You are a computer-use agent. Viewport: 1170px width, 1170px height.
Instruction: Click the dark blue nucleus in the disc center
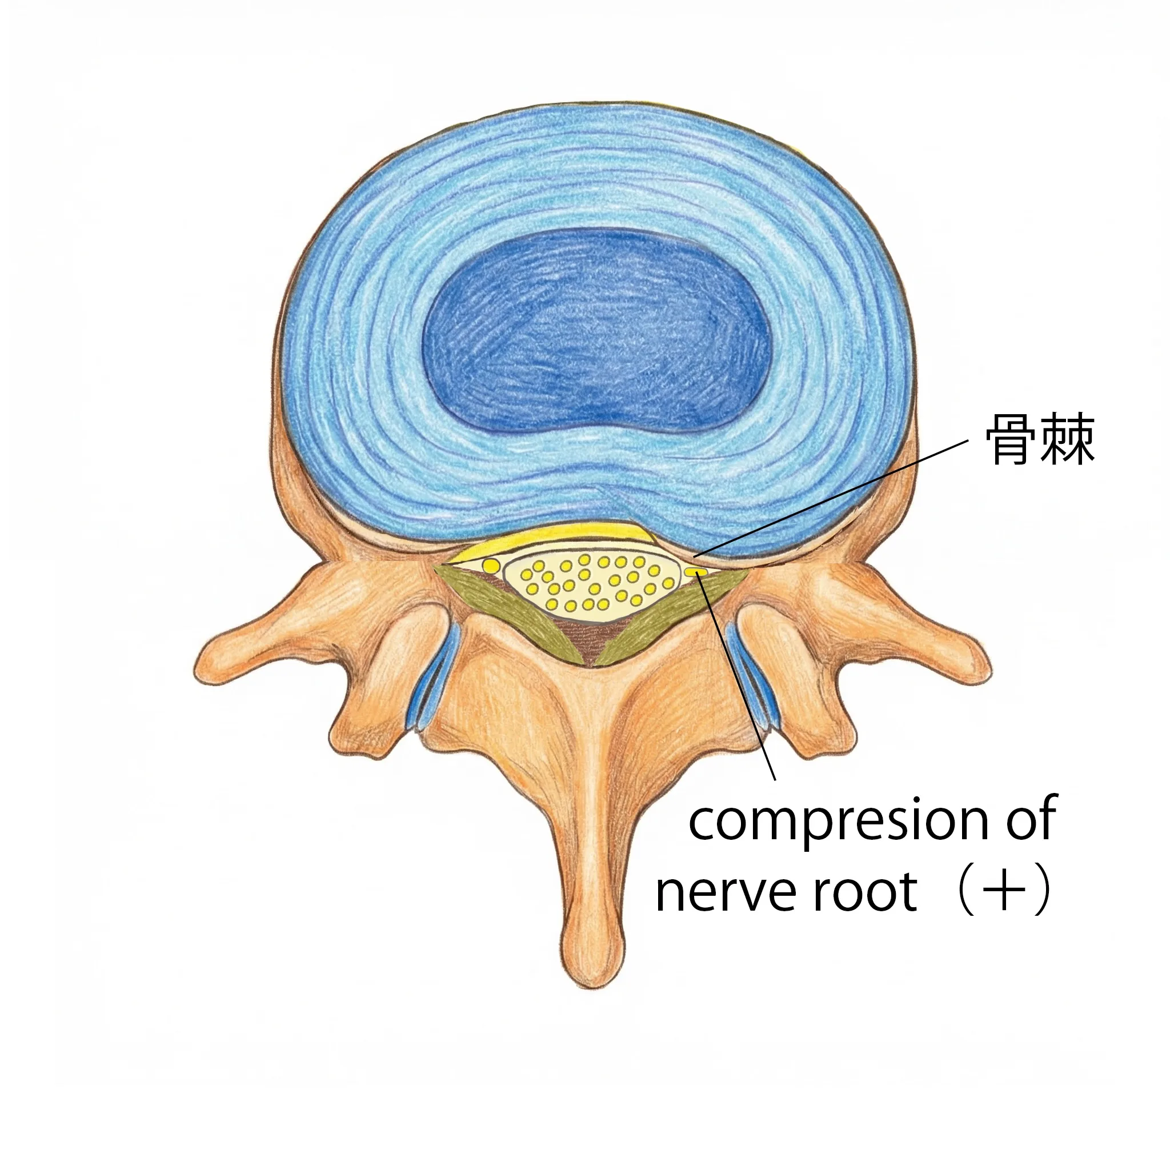[x=596, y=330]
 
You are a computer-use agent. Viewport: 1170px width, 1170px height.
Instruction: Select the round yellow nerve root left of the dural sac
[x=491, y=566]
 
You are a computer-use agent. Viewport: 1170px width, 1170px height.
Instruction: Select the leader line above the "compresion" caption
[x=737, y=677]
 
